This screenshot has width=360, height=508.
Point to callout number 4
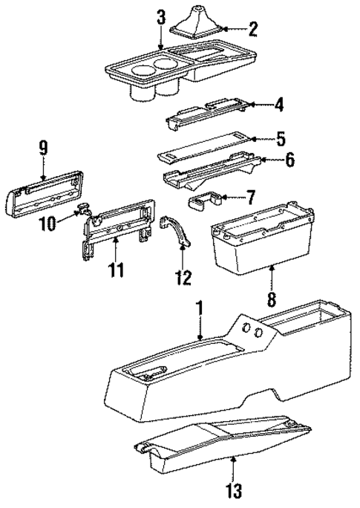[278, 106]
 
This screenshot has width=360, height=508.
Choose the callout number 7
[250, 198]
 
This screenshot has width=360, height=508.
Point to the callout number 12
[182, 278]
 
